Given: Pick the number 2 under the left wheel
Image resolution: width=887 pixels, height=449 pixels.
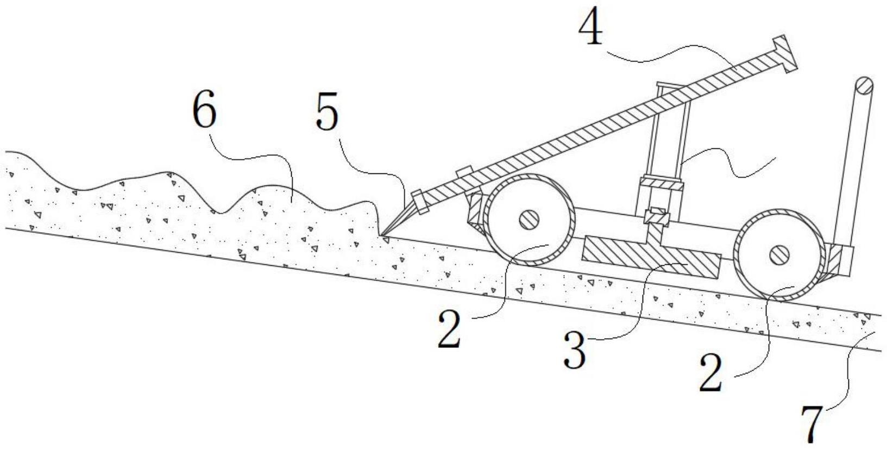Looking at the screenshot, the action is pos(449,328).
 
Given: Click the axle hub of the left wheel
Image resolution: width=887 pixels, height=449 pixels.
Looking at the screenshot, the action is pos(528,220).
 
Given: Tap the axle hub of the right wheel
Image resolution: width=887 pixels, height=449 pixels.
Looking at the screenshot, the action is pos(778,253).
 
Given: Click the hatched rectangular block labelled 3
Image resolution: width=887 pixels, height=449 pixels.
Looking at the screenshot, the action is pos(651,257).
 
